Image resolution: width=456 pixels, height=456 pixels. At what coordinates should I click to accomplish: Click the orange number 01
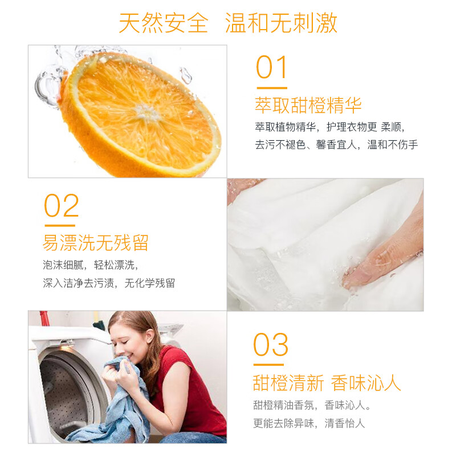point(272,68)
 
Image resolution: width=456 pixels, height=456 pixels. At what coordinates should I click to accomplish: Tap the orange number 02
point(62,206)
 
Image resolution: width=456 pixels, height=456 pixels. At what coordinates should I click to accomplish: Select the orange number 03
point(271,345)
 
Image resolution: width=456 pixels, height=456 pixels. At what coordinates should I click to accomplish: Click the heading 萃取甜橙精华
point(308,105)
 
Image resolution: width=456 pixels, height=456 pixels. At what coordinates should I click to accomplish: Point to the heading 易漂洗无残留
point(95,243)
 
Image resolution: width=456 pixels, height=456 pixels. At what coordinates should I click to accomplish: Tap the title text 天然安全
point(164,23)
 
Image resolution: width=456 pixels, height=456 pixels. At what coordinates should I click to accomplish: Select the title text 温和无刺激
point(281,23)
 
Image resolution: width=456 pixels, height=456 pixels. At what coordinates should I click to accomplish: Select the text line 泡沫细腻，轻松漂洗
point(90,265)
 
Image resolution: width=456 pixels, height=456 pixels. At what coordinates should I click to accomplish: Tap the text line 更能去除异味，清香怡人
point(309,423)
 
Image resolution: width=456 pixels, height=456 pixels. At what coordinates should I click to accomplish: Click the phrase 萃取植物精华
point(286,127)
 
